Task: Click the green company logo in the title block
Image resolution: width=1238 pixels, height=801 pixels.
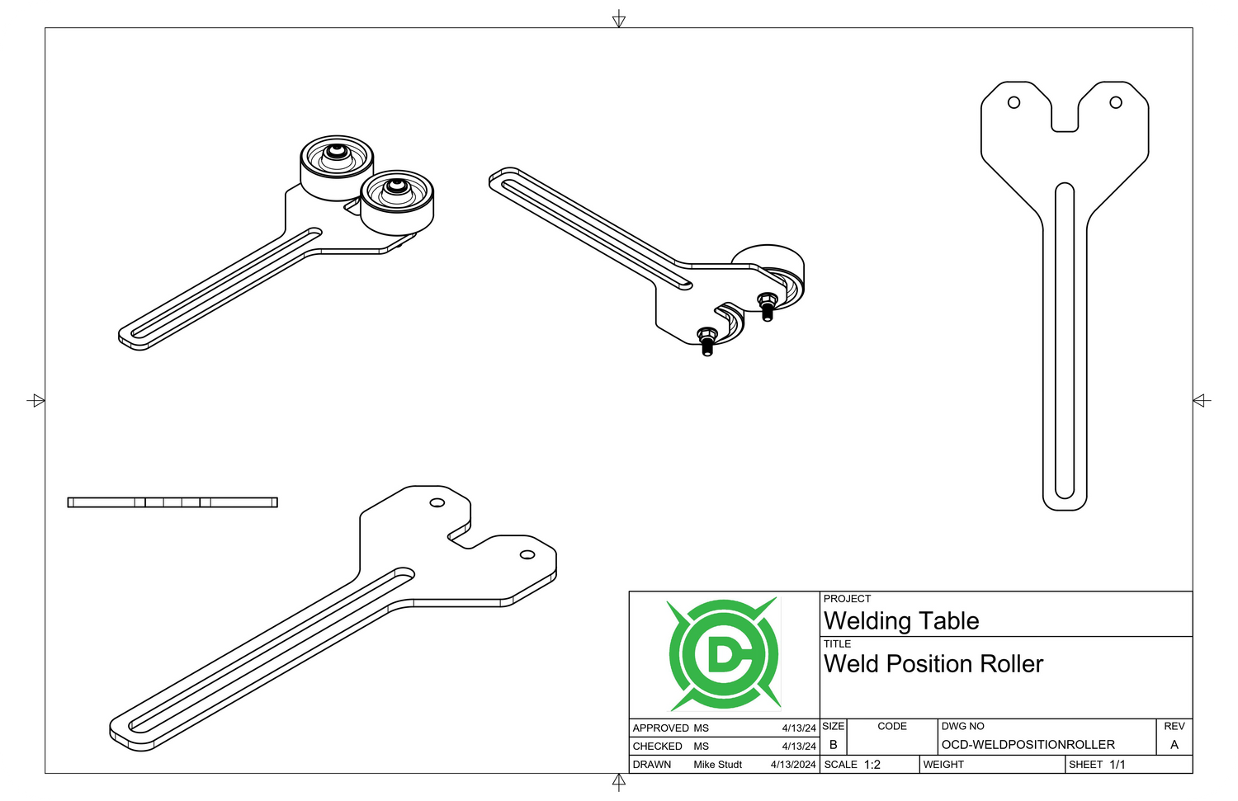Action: point(724,654)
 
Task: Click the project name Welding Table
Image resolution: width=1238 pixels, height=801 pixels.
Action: point(901,621)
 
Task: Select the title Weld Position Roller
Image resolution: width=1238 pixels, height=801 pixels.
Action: point(933,664)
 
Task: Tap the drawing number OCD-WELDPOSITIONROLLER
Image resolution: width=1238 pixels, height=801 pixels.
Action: point(1028,745)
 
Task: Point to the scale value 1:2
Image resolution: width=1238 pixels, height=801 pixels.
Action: point(872,765)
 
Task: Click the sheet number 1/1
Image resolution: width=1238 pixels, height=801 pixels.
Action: point(1118,765)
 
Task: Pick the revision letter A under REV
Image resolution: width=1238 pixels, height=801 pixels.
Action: point(1174,745)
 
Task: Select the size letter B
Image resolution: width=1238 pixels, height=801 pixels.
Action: point(833,745)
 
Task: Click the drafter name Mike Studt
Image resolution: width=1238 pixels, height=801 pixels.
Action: point(717,765)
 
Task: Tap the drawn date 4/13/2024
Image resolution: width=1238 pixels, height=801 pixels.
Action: point(793,765)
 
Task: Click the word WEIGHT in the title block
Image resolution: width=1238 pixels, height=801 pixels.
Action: point(943,765)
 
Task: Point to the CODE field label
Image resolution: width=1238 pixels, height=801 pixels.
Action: point(891,727)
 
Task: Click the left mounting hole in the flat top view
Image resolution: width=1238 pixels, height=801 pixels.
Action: point(1014,102)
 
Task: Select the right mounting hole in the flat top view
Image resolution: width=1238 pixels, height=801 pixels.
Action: point(1116,102)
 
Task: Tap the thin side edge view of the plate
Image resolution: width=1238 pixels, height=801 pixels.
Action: point(172,502)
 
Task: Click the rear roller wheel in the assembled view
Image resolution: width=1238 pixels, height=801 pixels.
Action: point(336,166)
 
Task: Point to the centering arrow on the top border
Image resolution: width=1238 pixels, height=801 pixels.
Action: point(619,19)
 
